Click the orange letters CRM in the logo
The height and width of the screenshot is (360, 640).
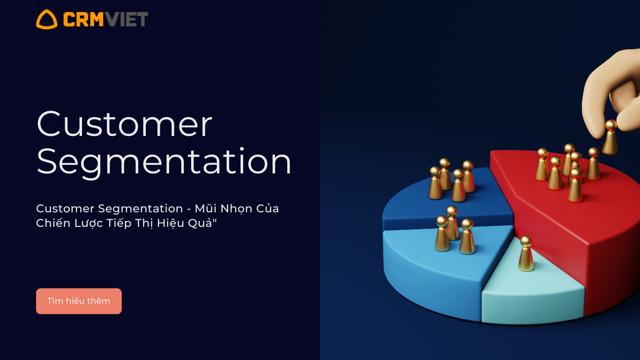pos(83,19)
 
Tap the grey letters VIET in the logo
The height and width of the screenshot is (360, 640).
pos(126,19)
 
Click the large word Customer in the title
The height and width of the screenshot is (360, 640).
pos(124,124)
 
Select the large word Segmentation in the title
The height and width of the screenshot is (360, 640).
pos(164,162)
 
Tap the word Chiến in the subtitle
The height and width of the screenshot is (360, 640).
pos(53,223)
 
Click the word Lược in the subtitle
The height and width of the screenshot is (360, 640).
pos(89,223)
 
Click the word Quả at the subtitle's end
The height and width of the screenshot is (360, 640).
pos(201,223)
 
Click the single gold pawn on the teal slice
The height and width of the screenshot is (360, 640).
pos(526,254)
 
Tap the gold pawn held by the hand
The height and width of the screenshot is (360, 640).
pos(610,137)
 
